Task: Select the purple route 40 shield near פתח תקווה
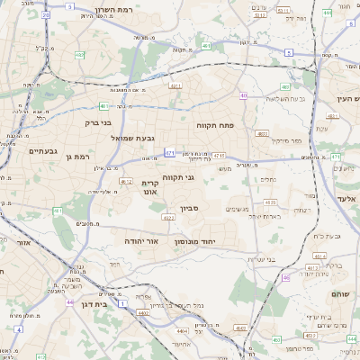pos(244,95)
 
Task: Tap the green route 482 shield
pos(79,55)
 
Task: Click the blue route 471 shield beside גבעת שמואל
pos(169,154)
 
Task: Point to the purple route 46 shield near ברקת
pos(286,278)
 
